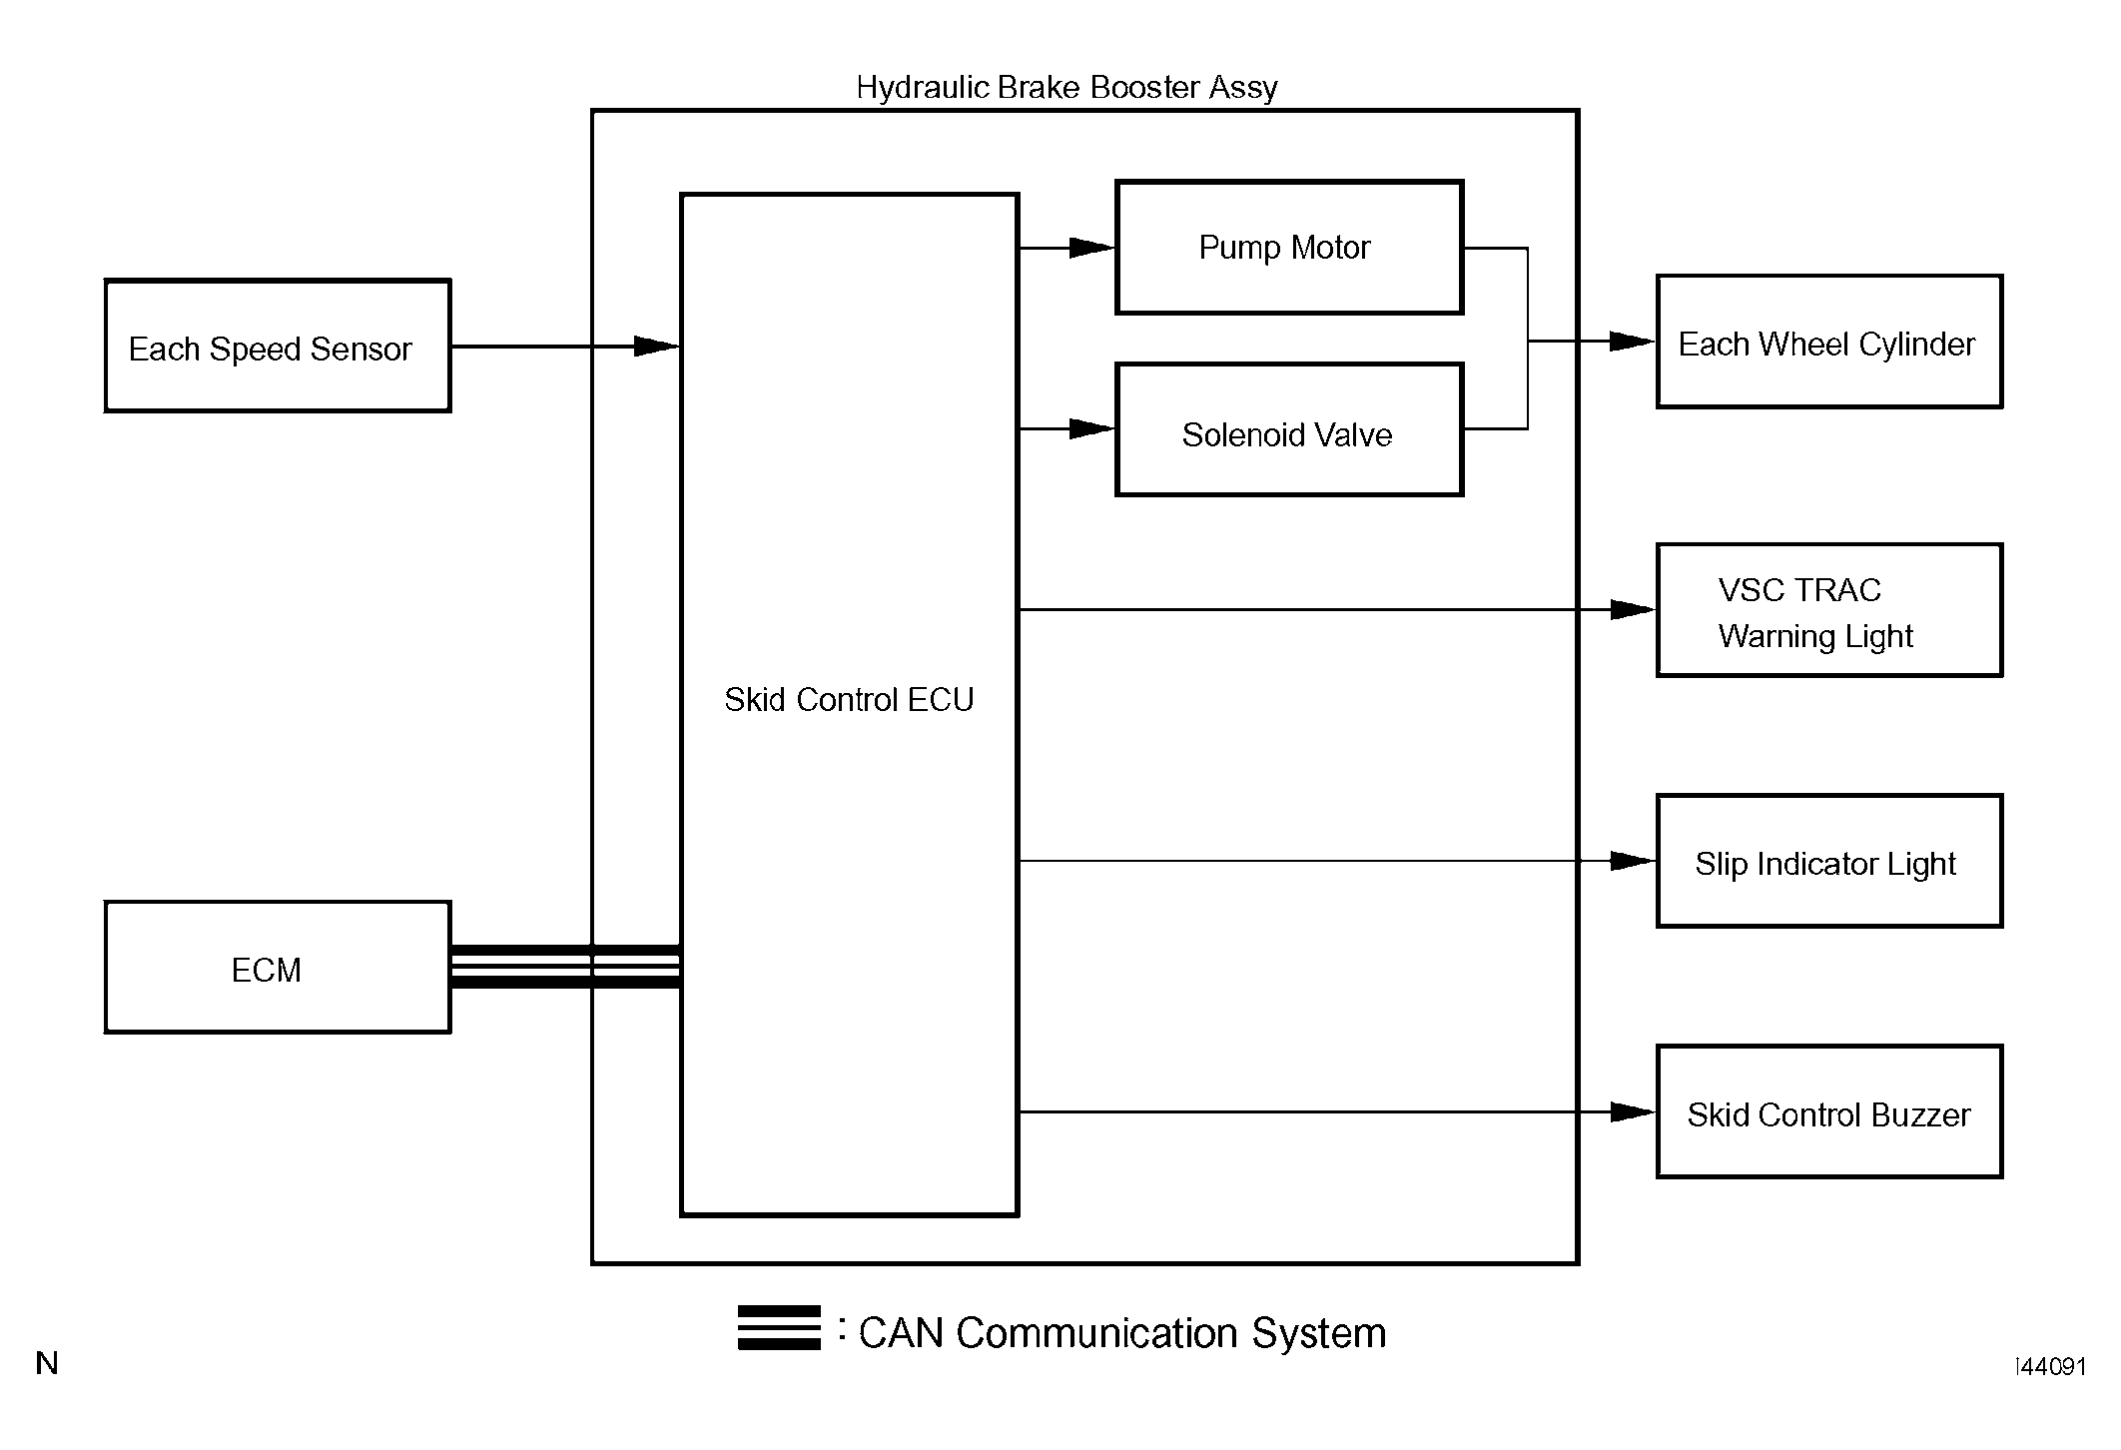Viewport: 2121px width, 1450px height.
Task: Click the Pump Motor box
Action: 1289,248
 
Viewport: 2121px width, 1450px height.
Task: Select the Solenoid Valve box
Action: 1289,429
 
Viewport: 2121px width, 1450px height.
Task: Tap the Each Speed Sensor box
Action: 278,346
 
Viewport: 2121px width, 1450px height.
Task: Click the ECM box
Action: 278,968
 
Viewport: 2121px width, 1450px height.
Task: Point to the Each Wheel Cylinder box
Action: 1829,342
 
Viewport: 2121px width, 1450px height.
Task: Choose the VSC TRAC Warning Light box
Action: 1829,610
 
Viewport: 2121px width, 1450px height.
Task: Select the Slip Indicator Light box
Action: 1829,861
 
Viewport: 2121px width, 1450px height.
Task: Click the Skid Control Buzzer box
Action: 1829,1111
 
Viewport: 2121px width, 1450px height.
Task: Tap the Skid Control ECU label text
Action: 849,700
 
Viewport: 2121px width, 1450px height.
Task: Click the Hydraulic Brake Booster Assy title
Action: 1066,88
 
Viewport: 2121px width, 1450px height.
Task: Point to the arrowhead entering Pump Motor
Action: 1091,248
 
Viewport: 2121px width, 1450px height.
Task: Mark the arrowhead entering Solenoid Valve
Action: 1091,429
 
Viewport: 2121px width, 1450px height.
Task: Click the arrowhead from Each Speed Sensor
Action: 657,347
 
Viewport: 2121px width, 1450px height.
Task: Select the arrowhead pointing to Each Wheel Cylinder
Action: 1633,342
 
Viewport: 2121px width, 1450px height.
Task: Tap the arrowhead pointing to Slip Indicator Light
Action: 1633,861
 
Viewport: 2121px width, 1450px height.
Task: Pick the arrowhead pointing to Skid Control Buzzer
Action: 1633,1111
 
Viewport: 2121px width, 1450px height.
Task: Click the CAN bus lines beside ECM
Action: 566,967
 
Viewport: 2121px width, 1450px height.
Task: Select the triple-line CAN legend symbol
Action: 779,1327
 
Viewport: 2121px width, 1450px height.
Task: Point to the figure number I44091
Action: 2051,1367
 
